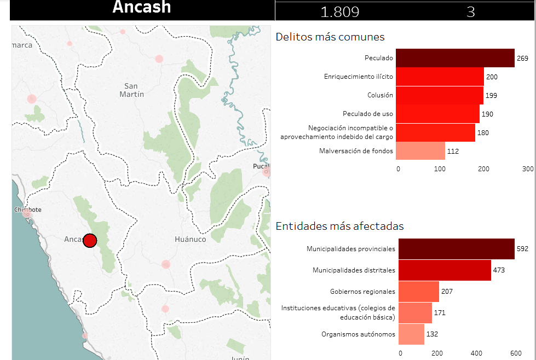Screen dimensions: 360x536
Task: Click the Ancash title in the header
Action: tap(142, 8)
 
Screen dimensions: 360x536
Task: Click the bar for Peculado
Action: tap(455, 58)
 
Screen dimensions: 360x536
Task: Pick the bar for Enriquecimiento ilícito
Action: tap(440, 77)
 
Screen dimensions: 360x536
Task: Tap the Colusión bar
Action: tap(439, 95)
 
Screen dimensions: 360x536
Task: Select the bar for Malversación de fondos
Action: tap(420, 151)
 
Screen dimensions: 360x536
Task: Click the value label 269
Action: tap(523, 58)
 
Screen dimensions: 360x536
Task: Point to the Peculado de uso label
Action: tap(368, 114)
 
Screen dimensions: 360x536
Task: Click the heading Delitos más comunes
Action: tap(330, 37)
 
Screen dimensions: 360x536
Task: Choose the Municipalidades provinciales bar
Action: tap(456, 249)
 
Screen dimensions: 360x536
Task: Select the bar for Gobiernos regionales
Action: tap(419, 292)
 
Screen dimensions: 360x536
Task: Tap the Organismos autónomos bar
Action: tap(411, 334)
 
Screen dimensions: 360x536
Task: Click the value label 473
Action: tap(498, 270)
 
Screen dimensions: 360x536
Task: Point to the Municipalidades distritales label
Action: tap(354, 270)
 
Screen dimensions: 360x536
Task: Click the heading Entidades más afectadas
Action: tap(340, 226)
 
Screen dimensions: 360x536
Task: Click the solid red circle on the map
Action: tap(90, 241)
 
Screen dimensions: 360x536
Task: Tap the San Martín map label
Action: tap(131, 90)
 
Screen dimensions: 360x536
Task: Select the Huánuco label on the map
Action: tap(190, 240)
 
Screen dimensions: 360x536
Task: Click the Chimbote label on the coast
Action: tap(28, 210)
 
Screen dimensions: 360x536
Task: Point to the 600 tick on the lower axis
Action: tap(514, 353)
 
